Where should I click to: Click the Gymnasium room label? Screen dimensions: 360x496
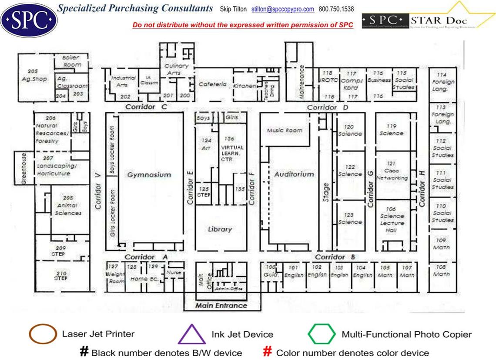click(x=149, y=175)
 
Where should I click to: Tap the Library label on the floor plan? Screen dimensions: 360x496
click(x=220, y=229)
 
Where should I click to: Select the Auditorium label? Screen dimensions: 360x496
click(x=294, y=174)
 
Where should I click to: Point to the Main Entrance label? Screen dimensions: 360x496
click(x=221, y=305)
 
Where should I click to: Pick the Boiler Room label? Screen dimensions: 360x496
click(x=72, y=61)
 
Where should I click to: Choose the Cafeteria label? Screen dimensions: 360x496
click(x=213, y=84)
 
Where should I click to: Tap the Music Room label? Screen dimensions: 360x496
click(x=284, y=130)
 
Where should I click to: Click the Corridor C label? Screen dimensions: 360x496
click(x=146, y=107)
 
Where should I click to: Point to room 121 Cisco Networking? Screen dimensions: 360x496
click(x=392, y=171)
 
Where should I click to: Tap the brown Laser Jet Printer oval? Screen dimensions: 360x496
click(x=43, y=334)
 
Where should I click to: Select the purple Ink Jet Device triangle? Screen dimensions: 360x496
click(x=191, y=335)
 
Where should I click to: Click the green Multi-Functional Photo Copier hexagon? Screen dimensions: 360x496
click(x=322, y=334)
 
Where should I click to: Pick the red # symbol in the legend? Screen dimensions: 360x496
click(x=268, y=352)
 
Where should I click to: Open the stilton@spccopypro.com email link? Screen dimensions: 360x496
click(x=283, y=9)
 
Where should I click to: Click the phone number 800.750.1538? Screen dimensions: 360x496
click(x=336, y=9)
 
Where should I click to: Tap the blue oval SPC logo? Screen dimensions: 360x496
click(x=29, y=19)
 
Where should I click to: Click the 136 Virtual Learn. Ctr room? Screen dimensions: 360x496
click(x=229, y=147)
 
